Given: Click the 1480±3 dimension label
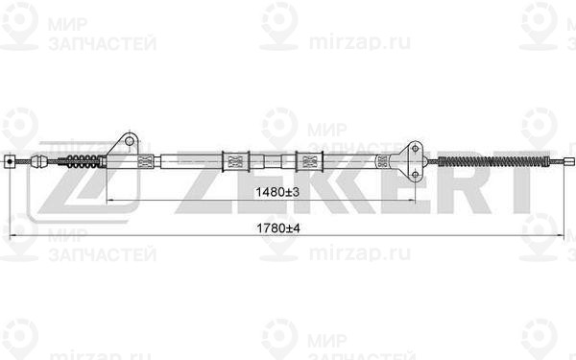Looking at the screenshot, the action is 277,191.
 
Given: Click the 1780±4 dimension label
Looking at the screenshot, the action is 278,228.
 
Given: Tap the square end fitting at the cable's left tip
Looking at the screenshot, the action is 10,161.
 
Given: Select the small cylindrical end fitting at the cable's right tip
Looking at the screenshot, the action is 569,161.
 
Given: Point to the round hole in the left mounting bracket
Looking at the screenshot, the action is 129,141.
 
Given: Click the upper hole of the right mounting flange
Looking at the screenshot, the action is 415,149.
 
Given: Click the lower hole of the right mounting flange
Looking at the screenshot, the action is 415,174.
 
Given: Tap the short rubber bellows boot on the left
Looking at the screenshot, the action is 83,161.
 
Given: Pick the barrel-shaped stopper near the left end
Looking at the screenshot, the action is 40,161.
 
